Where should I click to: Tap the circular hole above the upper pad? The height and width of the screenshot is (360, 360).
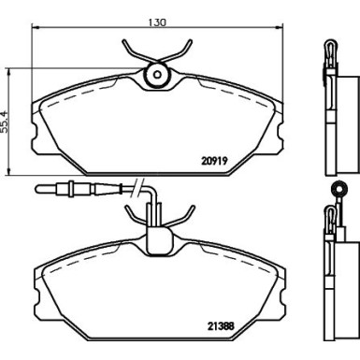point(158,76)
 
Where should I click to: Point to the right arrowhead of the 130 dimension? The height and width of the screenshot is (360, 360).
point(279,32)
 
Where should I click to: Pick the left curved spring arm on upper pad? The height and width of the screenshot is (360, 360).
point(130,51)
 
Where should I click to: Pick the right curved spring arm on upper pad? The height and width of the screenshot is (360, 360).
point(186,51)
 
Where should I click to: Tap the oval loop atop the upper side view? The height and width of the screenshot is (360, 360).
point(332,49)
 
